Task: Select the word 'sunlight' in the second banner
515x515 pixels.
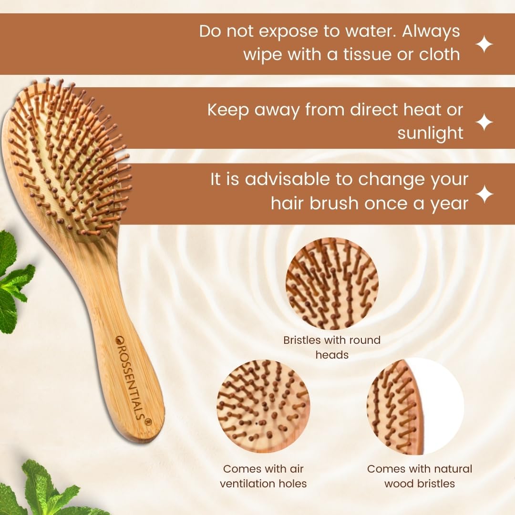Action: tap(430, 133)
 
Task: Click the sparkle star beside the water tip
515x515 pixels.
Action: tap(484, 45)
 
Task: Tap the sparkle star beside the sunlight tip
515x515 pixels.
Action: tap(484, 122)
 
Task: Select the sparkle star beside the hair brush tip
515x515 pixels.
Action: tap(484, 195)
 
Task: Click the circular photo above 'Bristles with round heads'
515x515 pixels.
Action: tap(332, 284)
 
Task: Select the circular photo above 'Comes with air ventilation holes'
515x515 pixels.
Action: tap(263, 406)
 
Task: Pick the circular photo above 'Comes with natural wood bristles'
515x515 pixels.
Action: tap(415, 406)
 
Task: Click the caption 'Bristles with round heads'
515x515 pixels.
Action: tap(332, 347)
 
